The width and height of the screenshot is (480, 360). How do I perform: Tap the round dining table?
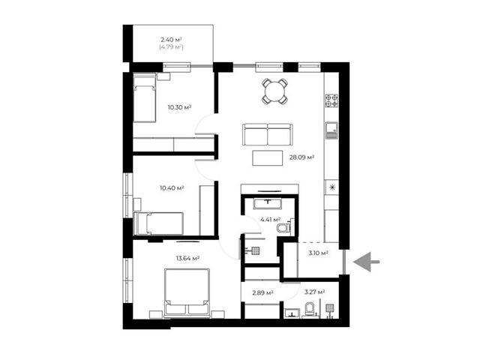(275, 91)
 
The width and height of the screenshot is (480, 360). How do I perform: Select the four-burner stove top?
(331, 100)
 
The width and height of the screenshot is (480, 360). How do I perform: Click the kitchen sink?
(331, 130)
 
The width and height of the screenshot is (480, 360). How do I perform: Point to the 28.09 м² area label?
(301, 157)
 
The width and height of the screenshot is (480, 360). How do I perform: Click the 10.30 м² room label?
(179, 107)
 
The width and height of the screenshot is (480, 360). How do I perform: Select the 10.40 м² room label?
(172, 188)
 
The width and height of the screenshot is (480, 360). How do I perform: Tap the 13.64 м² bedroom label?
(187, 258)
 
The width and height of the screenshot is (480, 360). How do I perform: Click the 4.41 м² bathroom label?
(270, 220)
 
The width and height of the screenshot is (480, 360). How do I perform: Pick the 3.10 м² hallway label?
(318, 253)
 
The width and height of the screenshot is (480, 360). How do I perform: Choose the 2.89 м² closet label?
(262, 293)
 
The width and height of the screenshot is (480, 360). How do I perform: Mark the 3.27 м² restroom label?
(314, 292)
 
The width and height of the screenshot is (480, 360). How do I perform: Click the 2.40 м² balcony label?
(172, 40)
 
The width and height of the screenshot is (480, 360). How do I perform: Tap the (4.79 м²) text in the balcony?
(172, 47)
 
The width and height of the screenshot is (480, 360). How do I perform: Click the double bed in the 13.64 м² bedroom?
(187, 293)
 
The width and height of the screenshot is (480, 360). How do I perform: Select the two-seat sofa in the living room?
(267, 134)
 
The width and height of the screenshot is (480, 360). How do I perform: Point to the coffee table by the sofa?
(268, 158)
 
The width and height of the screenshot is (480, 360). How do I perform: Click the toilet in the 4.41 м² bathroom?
(283, 228)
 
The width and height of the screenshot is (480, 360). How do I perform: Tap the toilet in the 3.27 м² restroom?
(310, 310)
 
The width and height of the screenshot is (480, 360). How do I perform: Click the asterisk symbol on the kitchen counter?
(332, 187)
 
